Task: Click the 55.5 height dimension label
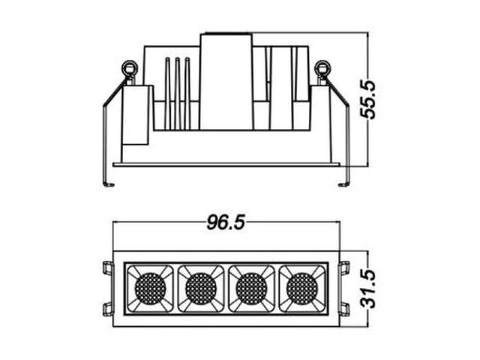(368, 99)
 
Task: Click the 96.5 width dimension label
(226, 222)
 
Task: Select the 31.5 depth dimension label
(368, 289)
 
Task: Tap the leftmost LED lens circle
(150, 288)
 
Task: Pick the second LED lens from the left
(201, 288)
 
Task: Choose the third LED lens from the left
(251, 288)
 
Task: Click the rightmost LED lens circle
(301, 288)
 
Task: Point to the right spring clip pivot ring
(322, 67)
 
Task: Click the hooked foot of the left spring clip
(109, 184)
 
